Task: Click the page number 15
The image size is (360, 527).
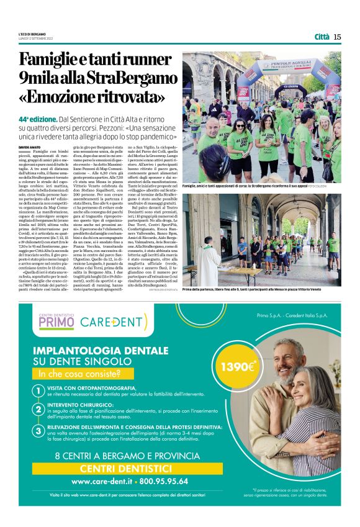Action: click(x=337, y=37)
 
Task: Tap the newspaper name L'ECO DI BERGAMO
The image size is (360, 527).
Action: click(x=32, y=33)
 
